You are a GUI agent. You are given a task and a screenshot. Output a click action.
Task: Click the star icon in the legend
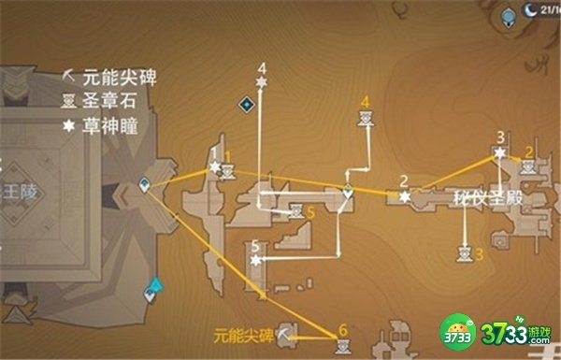click(x=68, y=122)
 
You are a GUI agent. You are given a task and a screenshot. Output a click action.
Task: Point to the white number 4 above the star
click(x=262, y=67)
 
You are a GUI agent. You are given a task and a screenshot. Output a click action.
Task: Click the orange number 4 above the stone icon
click(x=365, y=101)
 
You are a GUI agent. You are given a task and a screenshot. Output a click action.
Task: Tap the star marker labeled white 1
click(x=215, y=166)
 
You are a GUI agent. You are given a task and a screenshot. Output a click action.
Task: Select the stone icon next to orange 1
click(x=227, y=171)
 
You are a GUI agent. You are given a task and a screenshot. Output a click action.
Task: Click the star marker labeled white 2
click(x=404, y=196)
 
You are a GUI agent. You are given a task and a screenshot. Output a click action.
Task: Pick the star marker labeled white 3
click(x=500, y=151)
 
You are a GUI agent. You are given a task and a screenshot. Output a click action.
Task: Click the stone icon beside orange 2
click(x=527, y=166)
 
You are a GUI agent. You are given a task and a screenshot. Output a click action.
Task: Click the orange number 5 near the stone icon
click(x=310, y=212)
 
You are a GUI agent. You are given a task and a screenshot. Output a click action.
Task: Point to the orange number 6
click(x=343, y=329)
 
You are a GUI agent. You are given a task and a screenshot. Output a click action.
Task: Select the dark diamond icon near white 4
click(x=246, y=104)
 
